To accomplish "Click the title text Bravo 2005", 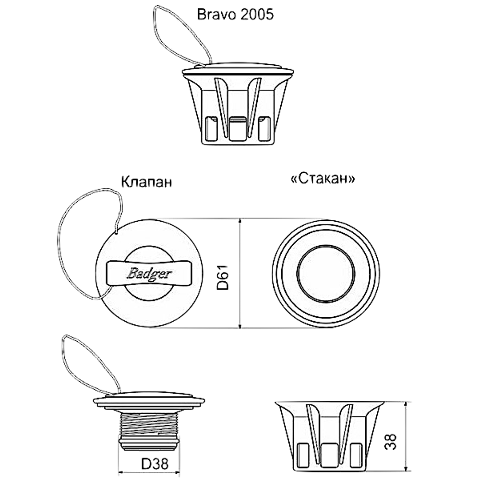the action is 235,14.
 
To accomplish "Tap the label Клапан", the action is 146,181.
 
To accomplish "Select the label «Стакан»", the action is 323,178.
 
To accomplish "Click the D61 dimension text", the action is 223,277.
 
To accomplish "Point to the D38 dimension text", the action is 155,464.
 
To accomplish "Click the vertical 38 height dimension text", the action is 390,442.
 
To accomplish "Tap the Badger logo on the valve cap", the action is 149,274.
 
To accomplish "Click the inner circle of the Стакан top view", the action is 326,274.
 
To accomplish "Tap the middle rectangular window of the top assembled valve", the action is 238,129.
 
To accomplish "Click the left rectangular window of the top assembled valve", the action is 211,129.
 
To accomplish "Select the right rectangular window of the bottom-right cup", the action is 356,455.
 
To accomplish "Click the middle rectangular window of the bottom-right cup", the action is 329,455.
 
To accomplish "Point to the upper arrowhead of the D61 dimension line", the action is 240,221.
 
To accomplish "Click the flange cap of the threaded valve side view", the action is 149,402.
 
